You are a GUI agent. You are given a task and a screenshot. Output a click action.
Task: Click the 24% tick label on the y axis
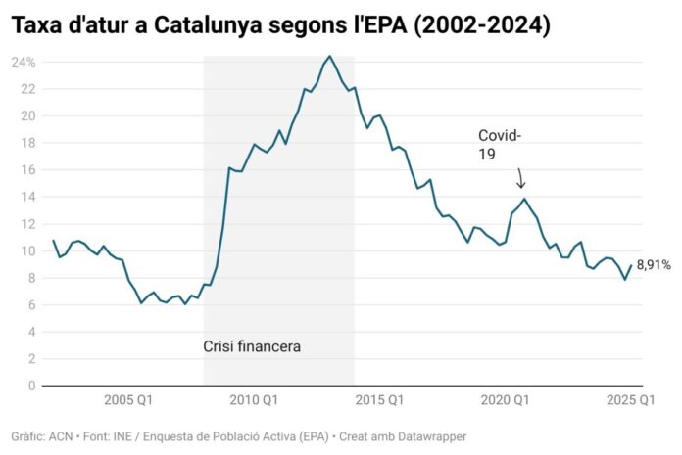pos(24,62)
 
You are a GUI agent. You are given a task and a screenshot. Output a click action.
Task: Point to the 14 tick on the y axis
pos(28,197)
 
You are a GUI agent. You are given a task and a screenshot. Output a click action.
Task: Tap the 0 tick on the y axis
pos(31,386)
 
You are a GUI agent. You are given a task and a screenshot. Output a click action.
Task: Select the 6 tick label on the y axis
pos(31,304)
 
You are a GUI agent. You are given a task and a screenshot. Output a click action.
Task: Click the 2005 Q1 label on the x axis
pos(128,399)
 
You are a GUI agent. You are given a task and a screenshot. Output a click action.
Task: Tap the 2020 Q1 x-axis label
pos(506,399)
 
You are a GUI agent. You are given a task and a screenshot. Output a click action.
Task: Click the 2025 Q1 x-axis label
pos(631,399)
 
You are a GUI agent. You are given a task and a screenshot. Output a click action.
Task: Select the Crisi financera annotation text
pos(252,345)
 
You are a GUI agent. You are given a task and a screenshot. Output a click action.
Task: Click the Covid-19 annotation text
pos(499,144)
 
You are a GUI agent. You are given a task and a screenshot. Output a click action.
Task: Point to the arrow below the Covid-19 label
pos(520,178)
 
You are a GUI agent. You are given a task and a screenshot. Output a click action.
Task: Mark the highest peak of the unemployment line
pos(329,57)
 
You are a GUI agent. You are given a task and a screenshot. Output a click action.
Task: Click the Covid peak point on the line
pos(524,199)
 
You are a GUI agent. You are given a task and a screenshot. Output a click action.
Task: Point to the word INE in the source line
pos(123,435)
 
